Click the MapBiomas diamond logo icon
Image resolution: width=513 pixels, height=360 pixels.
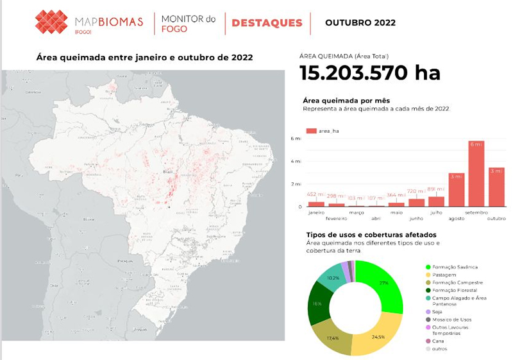[51, 22]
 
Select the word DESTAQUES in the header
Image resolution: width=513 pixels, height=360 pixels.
[267, 23]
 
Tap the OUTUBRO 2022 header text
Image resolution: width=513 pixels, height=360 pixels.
[360, 23]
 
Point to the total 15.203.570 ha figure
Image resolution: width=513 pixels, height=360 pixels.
[370, 73]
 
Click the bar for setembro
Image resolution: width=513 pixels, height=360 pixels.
[476, 174]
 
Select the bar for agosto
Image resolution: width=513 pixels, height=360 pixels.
[456, 190]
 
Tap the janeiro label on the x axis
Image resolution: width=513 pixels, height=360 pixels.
[316, 212]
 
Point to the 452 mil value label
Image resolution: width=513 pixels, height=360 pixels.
[315, 194]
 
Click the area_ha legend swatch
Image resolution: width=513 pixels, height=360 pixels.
[311, 130]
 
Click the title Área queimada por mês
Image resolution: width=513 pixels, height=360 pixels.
[346, 101]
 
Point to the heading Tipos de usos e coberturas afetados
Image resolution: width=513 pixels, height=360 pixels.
[371, 235]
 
